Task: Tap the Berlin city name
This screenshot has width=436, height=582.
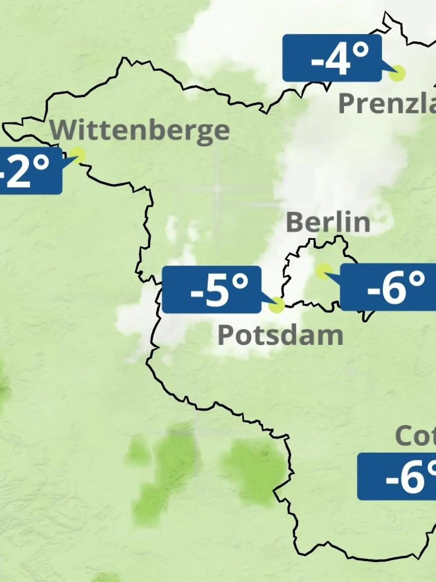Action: click(x=328, y=222)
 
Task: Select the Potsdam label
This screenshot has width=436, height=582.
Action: click(x=280, y=335)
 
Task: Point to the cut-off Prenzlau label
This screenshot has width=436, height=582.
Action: click(x=387, y=104)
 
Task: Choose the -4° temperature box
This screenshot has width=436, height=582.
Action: click(x=332, y=58)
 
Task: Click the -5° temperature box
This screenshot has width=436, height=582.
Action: click(x=211, y=290)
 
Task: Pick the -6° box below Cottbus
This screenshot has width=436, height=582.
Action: click(x=397, y=477)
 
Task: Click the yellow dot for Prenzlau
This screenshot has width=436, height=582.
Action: click(x=397, y=73)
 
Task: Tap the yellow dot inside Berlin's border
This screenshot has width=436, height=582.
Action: click(x=323, y=271)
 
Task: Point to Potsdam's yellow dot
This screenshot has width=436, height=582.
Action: click(x=276, y=305)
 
